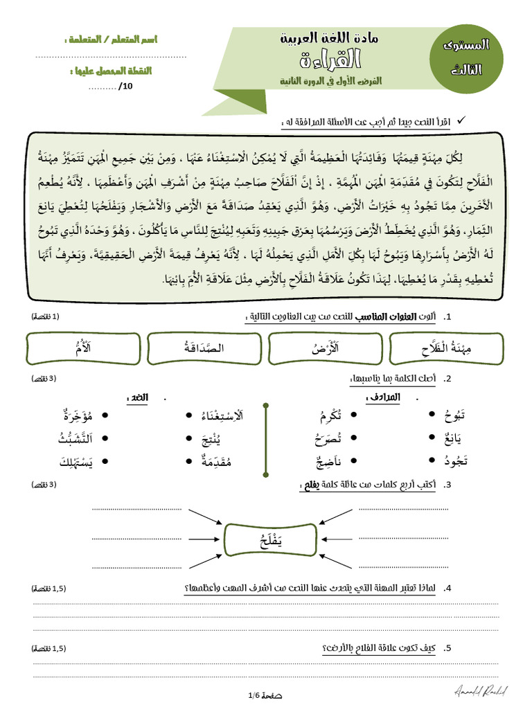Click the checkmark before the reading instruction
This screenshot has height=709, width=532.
463,121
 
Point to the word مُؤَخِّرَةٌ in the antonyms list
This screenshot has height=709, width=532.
78,415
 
